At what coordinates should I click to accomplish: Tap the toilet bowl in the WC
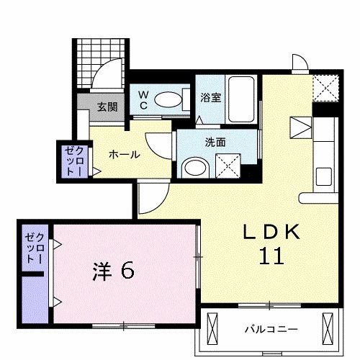point(170,99)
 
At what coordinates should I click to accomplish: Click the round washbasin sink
point(194,168)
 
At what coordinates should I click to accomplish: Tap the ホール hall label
point(124,154)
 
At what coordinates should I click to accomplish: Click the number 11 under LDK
point(265,255)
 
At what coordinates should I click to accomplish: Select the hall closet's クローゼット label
point(73,160)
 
